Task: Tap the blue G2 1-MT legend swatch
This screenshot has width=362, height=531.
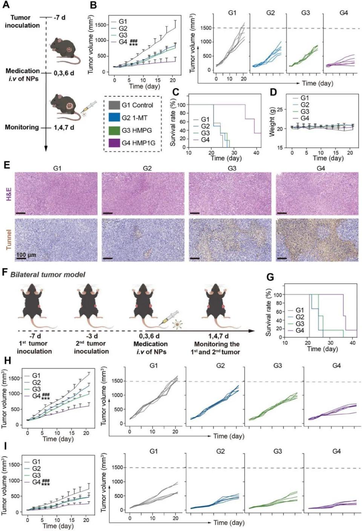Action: (x=114, y=118)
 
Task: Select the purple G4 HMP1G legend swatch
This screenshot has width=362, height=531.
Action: (x=114, y=143)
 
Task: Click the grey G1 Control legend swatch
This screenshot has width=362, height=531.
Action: (x=114, y=105)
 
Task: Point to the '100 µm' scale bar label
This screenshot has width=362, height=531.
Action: (x=26, y=255)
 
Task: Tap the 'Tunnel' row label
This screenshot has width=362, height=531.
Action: (x=8, y=240)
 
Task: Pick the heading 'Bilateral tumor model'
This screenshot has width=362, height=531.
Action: (x=48, y=275)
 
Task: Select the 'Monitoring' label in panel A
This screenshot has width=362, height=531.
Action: (x=21, y=127)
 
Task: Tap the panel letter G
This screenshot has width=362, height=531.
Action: (x=270, y=277)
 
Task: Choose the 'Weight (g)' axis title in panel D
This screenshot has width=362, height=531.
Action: (x=271, y=122)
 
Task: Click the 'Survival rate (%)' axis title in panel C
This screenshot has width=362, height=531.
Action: (x=173, y=123)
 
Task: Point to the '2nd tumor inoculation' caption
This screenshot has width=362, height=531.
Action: (x=91, y=347)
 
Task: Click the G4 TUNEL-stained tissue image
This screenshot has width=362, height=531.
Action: (x=317, y=240)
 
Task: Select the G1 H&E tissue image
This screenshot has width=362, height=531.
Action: (x=56, y=194)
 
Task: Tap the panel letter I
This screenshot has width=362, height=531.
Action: (x=5, y=446)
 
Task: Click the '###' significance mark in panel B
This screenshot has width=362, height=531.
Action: (x=133, y=41)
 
